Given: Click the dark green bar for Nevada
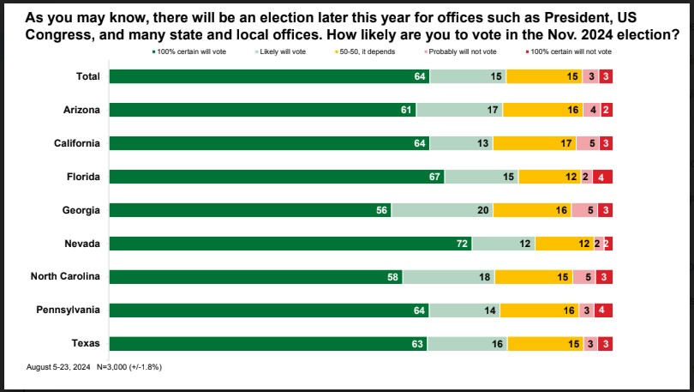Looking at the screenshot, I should click(290, 244).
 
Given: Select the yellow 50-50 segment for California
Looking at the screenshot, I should click(535, 143).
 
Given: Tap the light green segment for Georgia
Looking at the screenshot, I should click(441, 210).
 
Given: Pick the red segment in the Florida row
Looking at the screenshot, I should click(602, 177).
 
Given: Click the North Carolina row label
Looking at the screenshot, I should click(66, 276).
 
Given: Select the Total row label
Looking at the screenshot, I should click(87, 76).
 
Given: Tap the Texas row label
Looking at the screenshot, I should click(86, 343).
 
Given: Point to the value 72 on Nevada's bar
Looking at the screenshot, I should click(462, 244).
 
